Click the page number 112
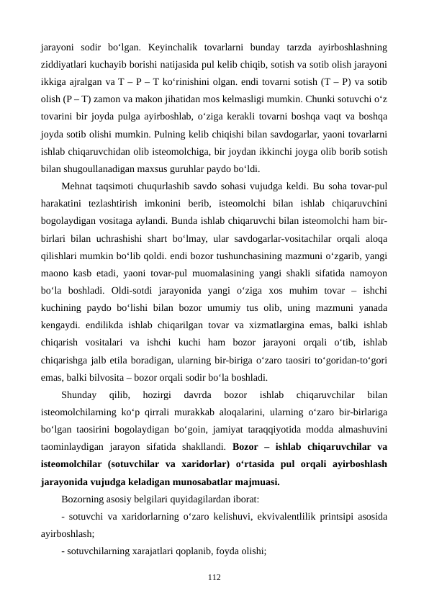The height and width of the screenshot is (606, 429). (214, 576)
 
